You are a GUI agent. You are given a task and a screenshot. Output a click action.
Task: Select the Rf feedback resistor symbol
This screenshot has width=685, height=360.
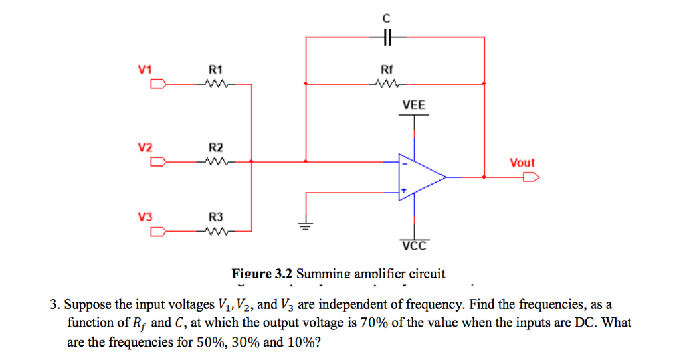tap(387, 84)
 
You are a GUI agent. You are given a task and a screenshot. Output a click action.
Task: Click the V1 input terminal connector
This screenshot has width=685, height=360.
tap(158, 84)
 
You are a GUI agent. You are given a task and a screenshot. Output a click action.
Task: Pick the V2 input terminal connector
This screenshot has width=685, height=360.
tap(158, 161)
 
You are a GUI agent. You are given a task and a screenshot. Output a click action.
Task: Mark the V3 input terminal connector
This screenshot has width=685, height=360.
tap(158, 232)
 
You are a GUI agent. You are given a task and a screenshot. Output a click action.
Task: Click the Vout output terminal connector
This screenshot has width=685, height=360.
tap(532, 177)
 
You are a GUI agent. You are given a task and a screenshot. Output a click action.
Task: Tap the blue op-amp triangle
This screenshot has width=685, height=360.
tap(419, 177)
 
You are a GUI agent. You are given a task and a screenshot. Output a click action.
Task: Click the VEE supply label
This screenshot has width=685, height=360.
tap(413, 105)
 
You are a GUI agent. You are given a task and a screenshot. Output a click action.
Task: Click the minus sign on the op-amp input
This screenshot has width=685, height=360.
tap(403, 162)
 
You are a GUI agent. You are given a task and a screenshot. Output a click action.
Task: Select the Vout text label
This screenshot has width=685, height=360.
tap(522, 163)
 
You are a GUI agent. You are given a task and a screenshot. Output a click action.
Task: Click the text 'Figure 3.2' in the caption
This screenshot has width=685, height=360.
tap(262, 274)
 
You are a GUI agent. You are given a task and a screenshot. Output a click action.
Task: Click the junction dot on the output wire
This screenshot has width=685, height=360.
tap(484, 177)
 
